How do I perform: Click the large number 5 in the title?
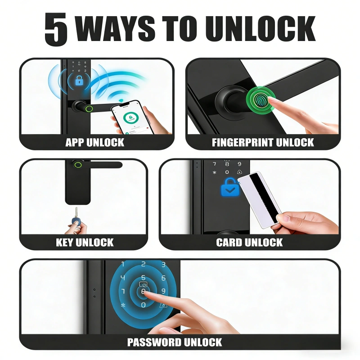pyautogui.click(x=56, y=29)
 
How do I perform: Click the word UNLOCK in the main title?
pyautogui.click(x=261, y=28)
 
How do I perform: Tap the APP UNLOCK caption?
pyautogui.click(x=94, y=142)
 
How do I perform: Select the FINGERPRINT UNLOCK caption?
pyautogui.click(x=263, y=142)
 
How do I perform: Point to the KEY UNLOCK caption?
pyautogui.click(x=85, y=243)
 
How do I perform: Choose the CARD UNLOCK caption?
pyautogui.click(x=249, y=243)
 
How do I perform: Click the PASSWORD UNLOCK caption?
pyautogui.click(x=175, y=342)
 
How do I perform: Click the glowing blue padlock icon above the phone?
pyautogui.click(x=79, y=81)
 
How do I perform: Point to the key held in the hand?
pyautogui.click(x=76, y=217)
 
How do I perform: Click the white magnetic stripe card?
pyautogui.click(x=259, y=200)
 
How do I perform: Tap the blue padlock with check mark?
pyautogui.click(x=230, y=187)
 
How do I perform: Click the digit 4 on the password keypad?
pyautogui.click(x=123, y=278)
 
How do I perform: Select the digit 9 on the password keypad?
pyautogui.click(x=163, y=291)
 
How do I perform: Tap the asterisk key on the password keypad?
pyautogui.click(x=123, y=306)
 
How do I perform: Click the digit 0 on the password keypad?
pyautogui.click(x=144, y=305)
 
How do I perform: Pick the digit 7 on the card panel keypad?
pyautogui.click(x=215, y=164)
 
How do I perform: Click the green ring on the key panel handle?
pyautogui.click(x=78, y=165)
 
